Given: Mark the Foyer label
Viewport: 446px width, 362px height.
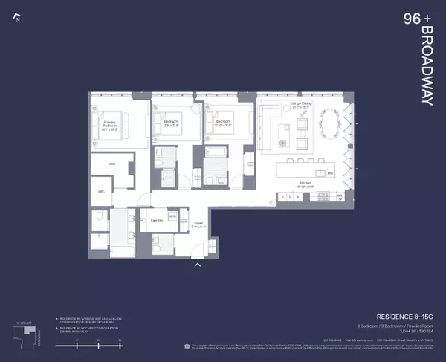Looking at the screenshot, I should click(198, 223).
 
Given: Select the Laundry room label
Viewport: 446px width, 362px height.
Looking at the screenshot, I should click(157, 220).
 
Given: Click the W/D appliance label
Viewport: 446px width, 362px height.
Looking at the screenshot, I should click(172, 217).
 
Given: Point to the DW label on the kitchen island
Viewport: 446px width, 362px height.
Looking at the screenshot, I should click(330, 173).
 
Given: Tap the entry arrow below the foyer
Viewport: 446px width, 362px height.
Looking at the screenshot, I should click(197, 263).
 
